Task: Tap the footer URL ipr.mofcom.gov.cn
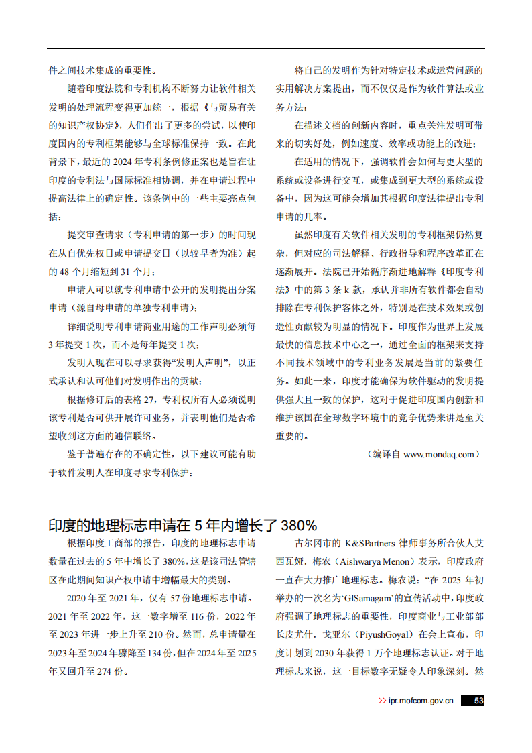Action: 421,701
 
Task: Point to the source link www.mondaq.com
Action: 440,454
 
